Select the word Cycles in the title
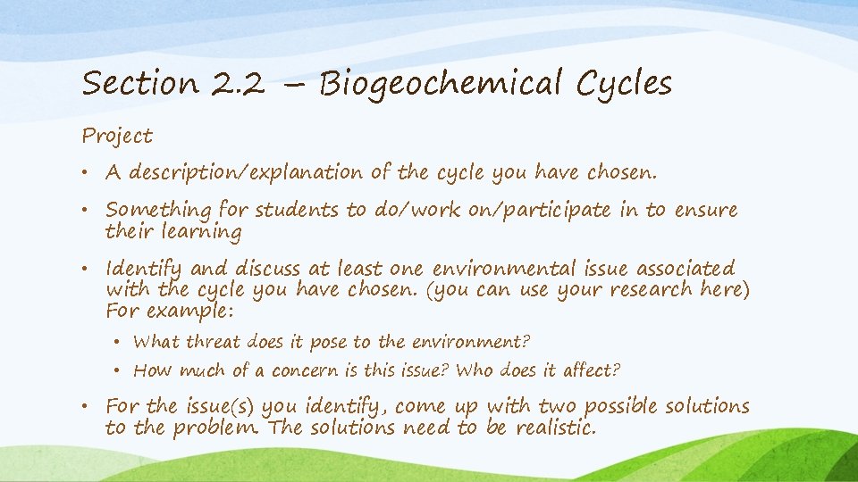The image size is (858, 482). click(624, 85)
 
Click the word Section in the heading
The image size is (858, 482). click(140, 85)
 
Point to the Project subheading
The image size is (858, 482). click(117, 137)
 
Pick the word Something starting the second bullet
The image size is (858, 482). click(157, 211)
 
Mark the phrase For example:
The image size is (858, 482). click(169, 312)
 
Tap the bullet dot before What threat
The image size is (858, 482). click(119, 342)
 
